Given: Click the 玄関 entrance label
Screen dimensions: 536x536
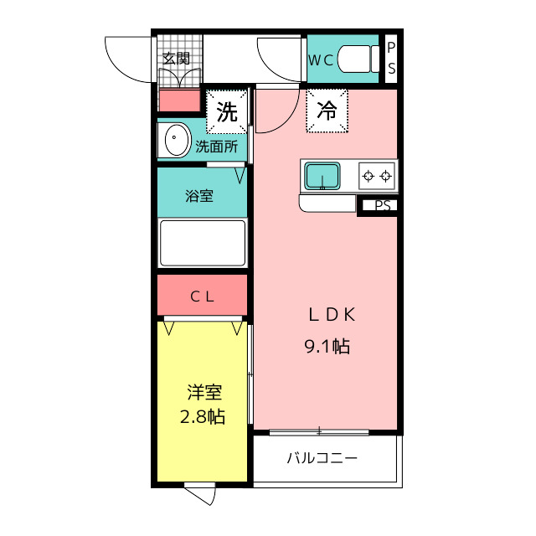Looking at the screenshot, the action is tap(176, 59).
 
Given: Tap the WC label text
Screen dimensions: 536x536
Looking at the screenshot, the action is tap(321, 60).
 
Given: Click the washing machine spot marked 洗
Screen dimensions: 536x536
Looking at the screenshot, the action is tap(227, 111).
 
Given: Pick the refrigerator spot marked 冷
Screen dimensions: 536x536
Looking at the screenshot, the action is tap(327, 111).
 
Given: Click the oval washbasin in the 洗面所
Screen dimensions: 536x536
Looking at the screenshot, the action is tap(177, 140).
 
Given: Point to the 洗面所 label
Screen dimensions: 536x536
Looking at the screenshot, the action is tap(216, 147).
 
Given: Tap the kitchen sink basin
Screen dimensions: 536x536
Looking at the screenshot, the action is tap(322, 176).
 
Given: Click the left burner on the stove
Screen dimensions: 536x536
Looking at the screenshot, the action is tap(368, 177).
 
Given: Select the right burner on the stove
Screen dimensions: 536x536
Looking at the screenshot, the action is tap(386, 177).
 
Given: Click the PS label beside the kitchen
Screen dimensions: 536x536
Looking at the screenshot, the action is tap(383, 205).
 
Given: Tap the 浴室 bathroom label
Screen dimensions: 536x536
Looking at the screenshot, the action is tap(199, 196).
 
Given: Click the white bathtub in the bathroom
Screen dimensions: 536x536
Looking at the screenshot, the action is tap(203, 243).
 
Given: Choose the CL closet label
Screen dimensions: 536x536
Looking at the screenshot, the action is tap(203, 296).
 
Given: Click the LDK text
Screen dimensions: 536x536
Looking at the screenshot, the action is tap(332, 315).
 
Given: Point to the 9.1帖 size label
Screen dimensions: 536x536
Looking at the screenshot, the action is tap(327, 346).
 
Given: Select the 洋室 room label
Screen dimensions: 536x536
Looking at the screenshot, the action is tap(204, 392).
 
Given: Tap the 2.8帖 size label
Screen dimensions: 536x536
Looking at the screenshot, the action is tap(203, 417).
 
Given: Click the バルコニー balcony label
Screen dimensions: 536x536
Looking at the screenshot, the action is tap(322, 458).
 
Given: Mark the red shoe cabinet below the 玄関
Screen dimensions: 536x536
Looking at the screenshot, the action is tap(180, 100).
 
